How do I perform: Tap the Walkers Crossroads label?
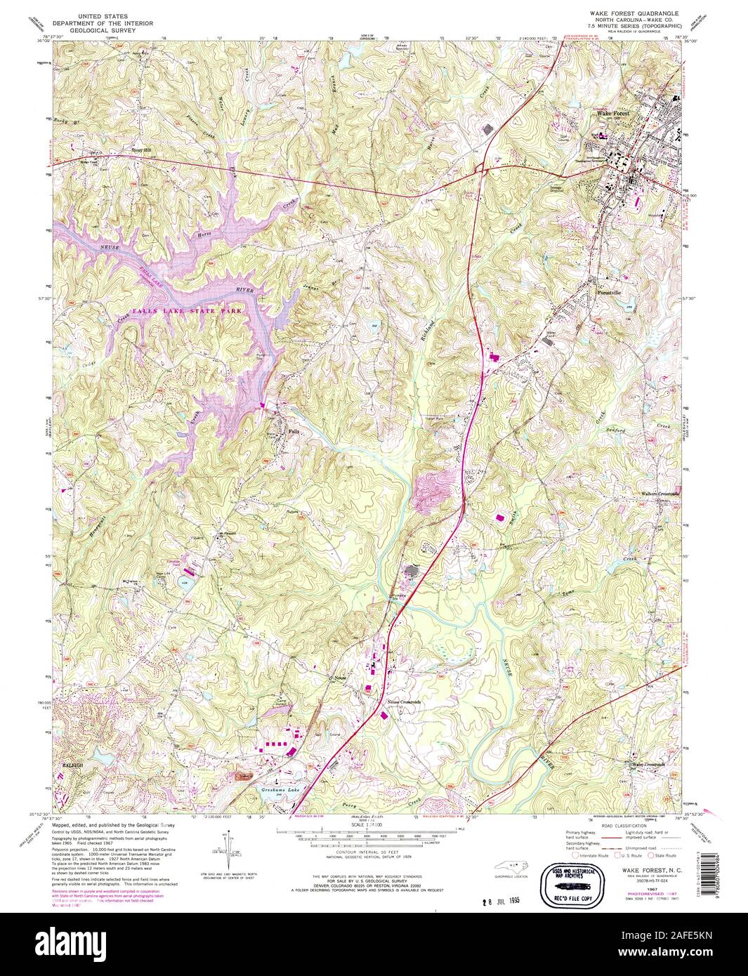tap(660, 494)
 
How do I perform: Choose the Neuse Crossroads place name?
tap(403, 701)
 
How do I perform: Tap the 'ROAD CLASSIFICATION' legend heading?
tap(622, 826)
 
